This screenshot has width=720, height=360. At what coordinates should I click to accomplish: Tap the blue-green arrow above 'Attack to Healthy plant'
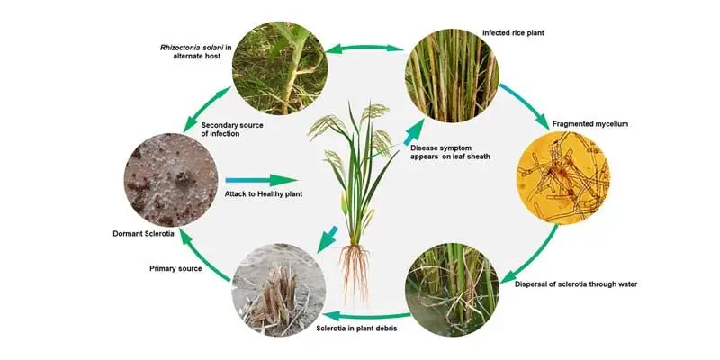(x=260, y=181)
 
